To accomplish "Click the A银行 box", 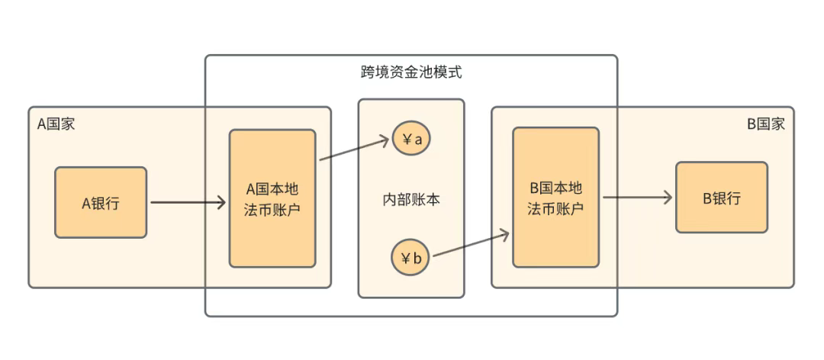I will pos(100,202).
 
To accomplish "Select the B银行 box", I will pos(721,198).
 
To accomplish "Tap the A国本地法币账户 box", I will pos(272,198).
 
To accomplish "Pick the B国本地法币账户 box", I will pos(555,198).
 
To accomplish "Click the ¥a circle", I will pos(410,139).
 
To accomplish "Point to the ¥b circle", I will pos(410,258).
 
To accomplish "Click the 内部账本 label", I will pos(411,200).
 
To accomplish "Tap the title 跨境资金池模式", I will pos(411,73).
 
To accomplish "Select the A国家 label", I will pos(56,124).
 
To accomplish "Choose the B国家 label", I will pos(765,124).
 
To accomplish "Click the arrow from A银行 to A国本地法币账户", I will pos(187,202).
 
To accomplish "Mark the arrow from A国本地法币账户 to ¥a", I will pos(355,149).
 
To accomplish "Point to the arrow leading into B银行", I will pos(637,198).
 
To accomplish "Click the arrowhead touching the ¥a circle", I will pos(385,140).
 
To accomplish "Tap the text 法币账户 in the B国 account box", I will pos(555,208).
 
